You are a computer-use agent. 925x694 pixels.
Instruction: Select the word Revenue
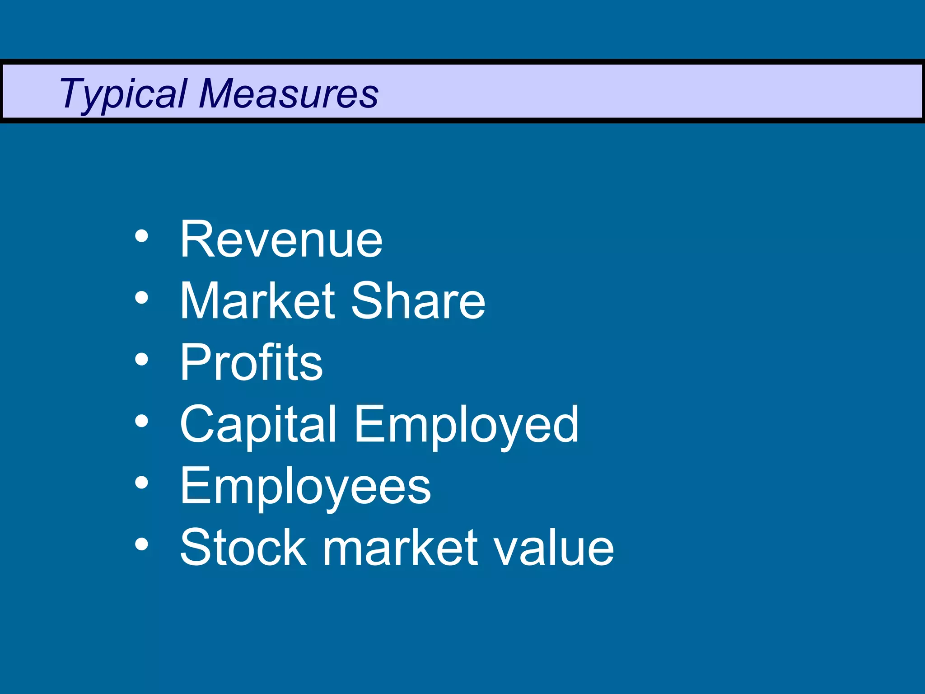coord(281,239)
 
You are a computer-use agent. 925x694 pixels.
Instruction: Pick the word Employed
coord(466,425)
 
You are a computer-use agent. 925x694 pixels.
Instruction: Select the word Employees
coord(305,486)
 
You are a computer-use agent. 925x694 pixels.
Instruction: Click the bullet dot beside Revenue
coord(141,236)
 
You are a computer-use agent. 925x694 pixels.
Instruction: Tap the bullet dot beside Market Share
coord(141,298)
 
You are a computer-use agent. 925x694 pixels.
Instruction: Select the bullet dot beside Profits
coord(141,359)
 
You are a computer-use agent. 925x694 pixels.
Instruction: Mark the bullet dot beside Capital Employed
coord(141,421)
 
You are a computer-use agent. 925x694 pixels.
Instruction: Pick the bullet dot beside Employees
coord(141,483)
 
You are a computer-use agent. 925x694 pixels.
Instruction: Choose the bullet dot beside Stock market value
coord(141,544)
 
